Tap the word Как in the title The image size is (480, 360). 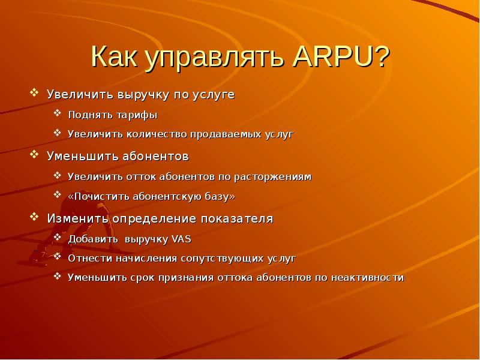point(115,59)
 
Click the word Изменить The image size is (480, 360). point(74,218)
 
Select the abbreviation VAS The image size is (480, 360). point(181,239)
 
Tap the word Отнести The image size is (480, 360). point(87,259)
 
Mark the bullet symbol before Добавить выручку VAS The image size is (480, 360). point(56,238)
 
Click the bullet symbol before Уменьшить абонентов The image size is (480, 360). point(34,155)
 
